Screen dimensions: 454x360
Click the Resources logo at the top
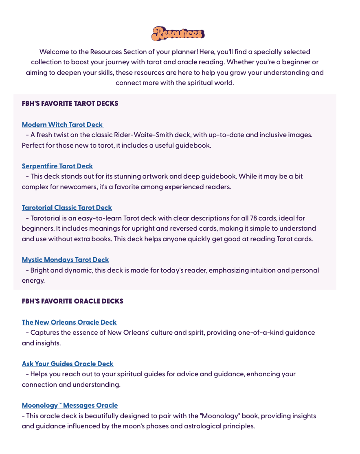(x=178, y=33)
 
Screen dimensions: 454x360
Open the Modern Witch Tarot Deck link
(x=62, y=124)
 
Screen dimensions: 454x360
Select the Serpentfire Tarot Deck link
(x=57, y=166)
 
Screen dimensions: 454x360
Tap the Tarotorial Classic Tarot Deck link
(x=67, y=207)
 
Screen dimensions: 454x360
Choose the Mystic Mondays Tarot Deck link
(x=65, y=260)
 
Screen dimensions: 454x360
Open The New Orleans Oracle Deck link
(x=69, y=322)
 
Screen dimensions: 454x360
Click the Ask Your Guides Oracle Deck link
(x=68, y=364)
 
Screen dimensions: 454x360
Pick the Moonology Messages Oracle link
(x=70, y=405)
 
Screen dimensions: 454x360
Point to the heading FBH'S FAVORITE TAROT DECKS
(x=70, y=103)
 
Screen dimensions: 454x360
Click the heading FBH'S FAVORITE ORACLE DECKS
(x=72, y=301)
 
